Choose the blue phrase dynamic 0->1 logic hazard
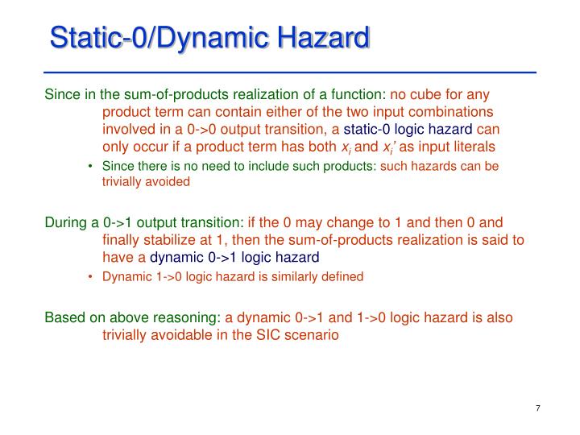(x=234, y=257)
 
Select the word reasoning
(x=188, y=317)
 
